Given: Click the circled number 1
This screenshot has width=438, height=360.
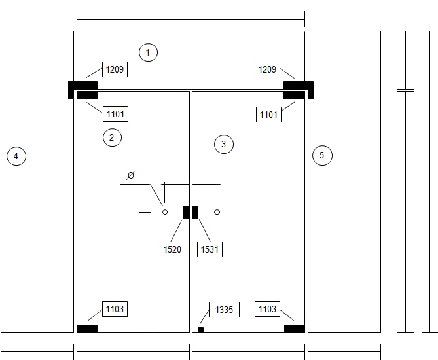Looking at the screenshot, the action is tap(148, 52).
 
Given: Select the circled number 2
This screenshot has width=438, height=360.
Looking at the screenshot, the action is tap(113, 137).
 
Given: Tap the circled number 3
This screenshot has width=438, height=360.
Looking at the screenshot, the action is tap(224, 144).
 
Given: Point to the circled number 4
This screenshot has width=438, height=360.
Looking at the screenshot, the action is tap(16, 156).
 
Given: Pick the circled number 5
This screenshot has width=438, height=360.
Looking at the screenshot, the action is tap(322, 155).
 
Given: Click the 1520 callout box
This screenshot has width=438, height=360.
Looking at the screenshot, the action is tap(172, 249).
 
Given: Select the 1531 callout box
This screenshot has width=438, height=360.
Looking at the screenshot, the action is tap(210, 249).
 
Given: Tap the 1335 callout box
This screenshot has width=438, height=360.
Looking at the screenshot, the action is tap(224, 310).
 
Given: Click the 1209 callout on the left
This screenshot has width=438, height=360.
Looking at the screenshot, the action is tap(115, 69).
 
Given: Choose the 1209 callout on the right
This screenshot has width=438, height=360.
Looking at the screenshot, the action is tap(267, 69).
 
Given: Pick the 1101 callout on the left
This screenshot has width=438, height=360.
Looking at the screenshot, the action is tap(115, 114).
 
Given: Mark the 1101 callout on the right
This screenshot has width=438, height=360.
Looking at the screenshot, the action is tap(268, 115).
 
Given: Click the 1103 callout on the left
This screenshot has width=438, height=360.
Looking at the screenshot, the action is tap(115, 309).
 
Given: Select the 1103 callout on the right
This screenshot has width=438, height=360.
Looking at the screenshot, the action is tap(267, 309).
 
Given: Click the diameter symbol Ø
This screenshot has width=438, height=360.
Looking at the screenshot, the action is tap(131, 175).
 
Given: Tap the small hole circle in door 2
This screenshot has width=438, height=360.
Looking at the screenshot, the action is tap(165, 212).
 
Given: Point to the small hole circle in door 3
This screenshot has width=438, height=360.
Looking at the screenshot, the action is tap(217, 212).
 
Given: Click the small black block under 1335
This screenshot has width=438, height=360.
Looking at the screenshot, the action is tap(200, 330).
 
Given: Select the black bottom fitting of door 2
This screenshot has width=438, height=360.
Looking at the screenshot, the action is tap(87, 329).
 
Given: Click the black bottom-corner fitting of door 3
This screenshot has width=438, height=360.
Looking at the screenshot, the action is tap(295, 329).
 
